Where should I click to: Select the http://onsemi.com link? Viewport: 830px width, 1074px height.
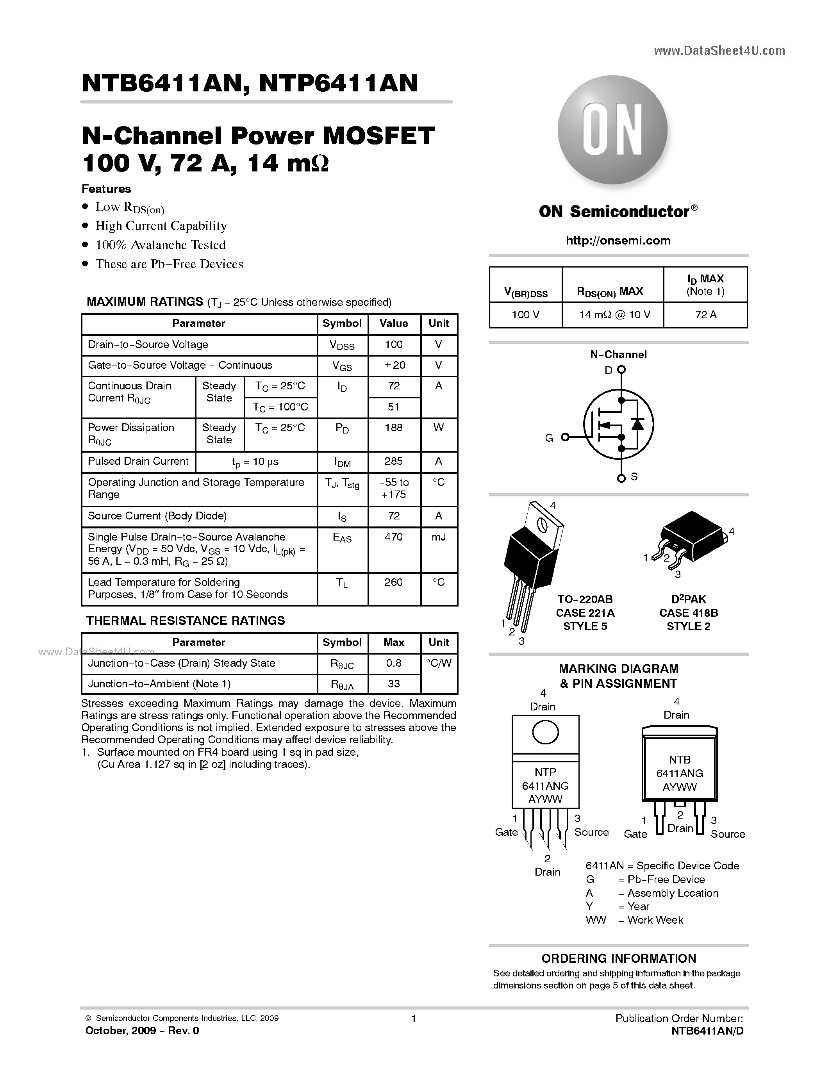tap(618, 241)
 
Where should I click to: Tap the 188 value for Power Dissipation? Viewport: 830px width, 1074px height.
tap(394, 428)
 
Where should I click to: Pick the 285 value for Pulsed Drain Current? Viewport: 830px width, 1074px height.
tap(394, 461)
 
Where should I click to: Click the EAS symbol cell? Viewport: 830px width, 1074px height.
tap(342, 538)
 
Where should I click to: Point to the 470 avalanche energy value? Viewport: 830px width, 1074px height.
tap(394, 537)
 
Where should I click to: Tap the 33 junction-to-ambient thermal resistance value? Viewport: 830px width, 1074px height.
tap(394, 684)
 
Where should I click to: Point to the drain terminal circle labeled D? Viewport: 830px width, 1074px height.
tap(621, 369)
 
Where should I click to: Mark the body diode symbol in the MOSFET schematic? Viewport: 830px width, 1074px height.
tap(638, 423)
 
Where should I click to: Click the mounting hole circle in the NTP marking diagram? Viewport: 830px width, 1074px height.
tap(545, 733)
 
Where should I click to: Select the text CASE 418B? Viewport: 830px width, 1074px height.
tap(688, 613)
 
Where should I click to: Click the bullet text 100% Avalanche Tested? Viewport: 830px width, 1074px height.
tap(160, 245)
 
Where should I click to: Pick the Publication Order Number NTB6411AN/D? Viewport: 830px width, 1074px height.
tap(707, 1031)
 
